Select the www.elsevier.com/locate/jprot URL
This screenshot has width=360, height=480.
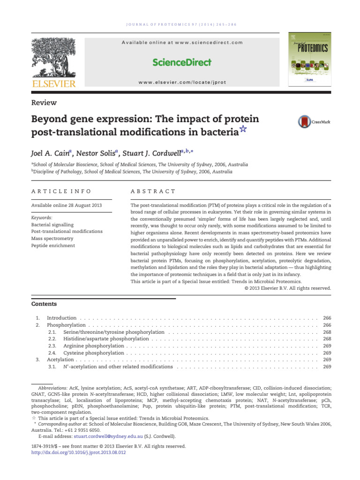pyautogui.click(x=182, y=82)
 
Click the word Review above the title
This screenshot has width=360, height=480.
pyautogui.click(x=44, y=103)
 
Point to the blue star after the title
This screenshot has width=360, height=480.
pyautogui.click(x=243, y=131)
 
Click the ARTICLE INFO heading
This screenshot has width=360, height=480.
pyautogui.click(x=61, y=191)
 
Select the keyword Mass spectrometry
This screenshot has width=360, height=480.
pyautogui.click(x=52, y=239)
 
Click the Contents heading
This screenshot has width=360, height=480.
pyautogui.click(x=44, y=304)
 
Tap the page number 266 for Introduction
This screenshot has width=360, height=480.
pyautogui.click(x=327, y=318)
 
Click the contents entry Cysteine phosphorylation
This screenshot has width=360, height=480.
pyautogui.click(x=93, y=352)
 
